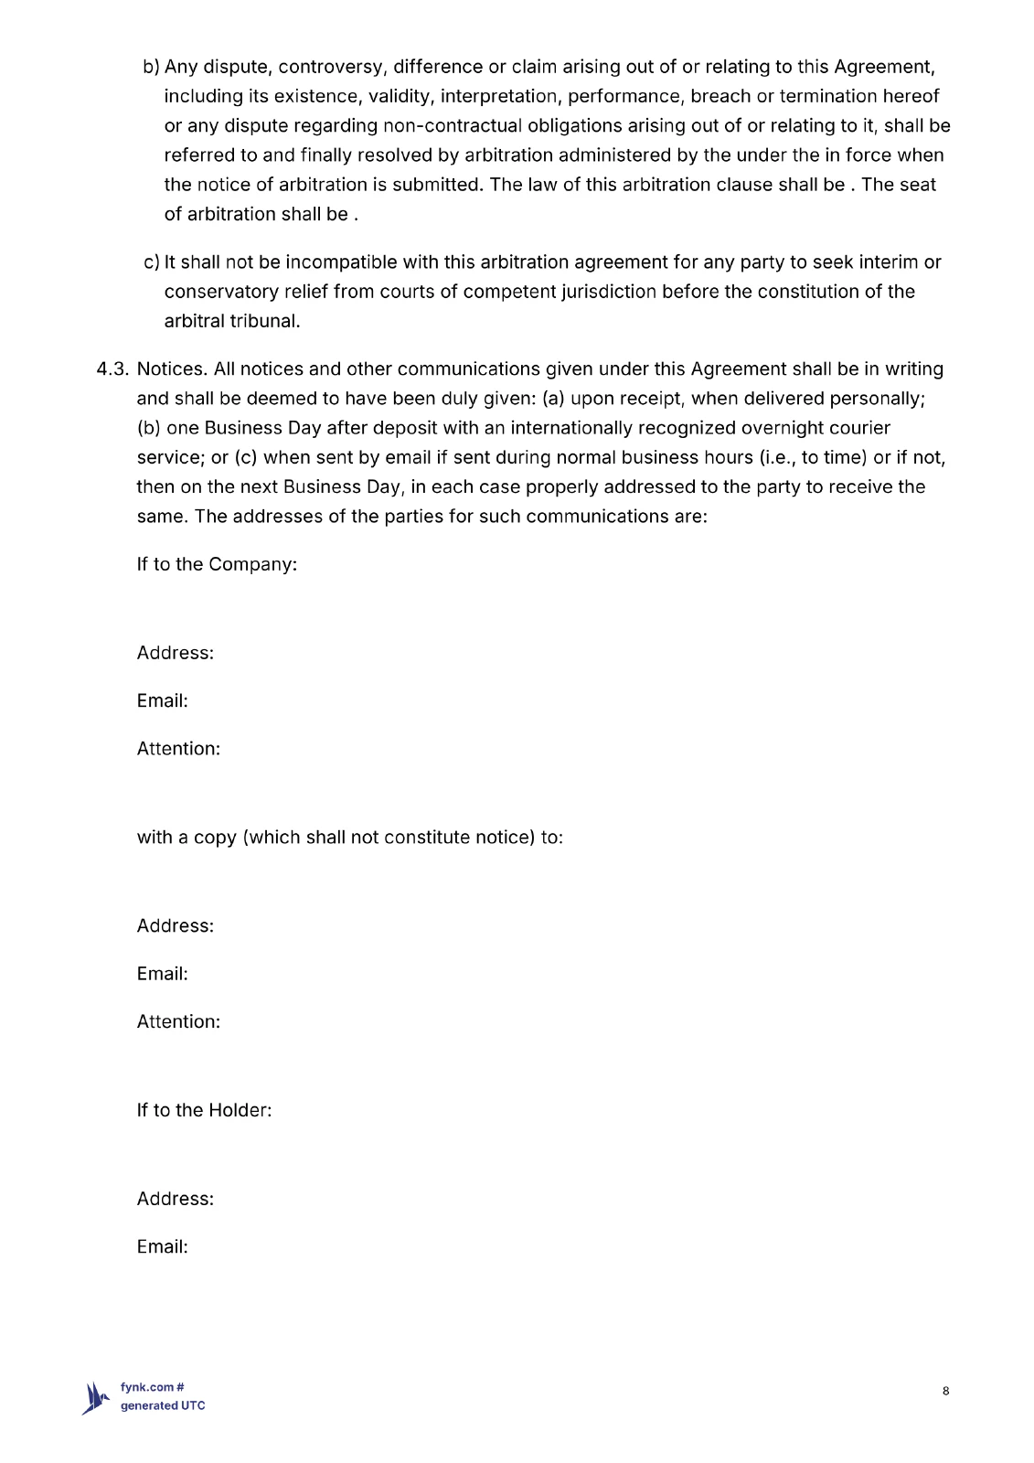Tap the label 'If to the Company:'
(217, 564)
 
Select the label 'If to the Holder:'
(204, 1110)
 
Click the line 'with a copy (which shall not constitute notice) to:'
(349, 838)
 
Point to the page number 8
(945, 1392)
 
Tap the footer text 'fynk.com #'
(153, 1387)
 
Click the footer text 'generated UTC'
(163, 1406)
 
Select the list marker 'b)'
(151, 67)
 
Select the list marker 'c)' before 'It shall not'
(152, 262)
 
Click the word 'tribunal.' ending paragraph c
(265, 321)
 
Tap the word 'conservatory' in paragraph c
(220, 292)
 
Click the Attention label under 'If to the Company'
(178, 749)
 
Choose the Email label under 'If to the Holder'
(162, 1247)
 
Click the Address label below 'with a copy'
(175, 926)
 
